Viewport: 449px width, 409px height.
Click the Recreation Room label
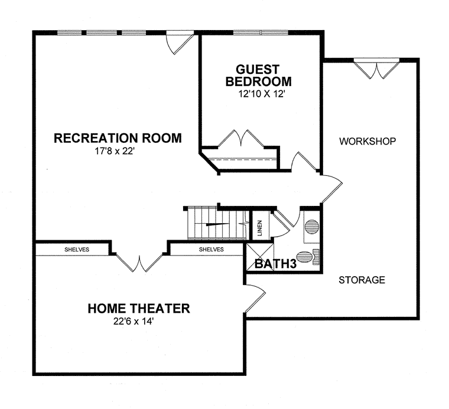tap(118, 138)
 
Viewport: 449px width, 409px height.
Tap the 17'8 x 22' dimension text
tap(115, 151)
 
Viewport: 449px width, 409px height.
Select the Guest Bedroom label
tap(258, 76)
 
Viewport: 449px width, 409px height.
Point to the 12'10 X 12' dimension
tap(261, 94)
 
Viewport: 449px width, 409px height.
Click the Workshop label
tap(367, 141)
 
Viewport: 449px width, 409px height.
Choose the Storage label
tap(362, 280)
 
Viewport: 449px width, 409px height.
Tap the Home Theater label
tap(139, 308)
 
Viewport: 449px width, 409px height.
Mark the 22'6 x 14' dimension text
tap(134, 322)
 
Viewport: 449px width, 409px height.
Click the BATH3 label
tap(275, 264)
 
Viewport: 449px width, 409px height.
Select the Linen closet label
tap(260, 228)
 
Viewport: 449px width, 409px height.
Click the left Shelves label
tap(77, 250)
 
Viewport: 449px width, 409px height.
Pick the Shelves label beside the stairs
tap(212, 250)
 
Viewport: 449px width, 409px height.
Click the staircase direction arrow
tap(217, 224)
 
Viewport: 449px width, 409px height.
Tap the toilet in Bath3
tap(308, 257)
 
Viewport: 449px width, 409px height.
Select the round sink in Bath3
tap(311, 227)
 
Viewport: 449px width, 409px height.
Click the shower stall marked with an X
tap(260, 257)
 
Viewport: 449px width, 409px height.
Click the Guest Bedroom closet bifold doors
tap(241, 139)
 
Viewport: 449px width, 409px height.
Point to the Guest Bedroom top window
tap(261, 32)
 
